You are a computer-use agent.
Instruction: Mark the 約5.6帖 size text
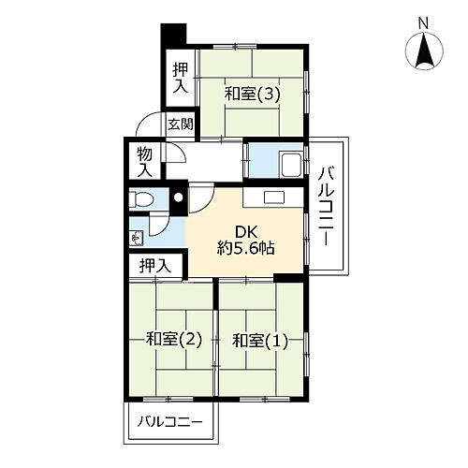point(246,251)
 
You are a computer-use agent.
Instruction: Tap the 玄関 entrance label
point(181,123)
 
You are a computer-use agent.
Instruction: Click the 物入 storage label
point(144,162)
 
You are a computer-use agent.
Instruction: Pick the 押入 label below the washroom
point(156,267)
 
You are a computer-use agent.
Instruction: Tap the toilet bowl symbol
point(141,198)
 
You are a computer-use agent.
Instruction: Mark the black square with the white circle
point(177,198)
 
